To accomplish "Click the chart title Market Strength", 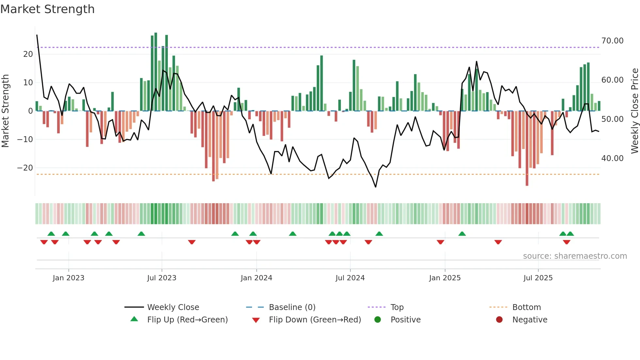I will click(47, 9).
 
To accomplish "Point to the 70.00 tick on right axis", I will click(612, 41).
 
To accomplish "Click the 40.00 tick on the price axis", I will click(612, 158).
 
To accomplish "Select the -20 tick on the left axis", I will click(25, 168).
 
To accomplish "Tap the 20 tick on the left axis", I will click(28, 54).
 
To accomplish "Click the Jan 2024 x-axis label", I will click(256, 278).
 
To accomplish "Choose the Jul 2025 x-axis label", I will click(538, 278).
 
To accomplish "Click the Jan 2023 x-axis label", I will click(69, 278).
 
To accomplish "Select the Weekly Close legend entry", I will click(173, 307).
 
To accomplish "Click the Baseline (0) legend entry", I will click(292, 307).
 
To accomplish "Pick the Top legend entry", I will click(397, 307).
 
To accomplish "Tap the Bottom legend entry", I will click(526, 307).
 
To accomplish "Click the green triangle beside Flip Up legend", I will click(134, 319).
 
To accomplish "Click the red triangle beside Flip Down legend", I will click(256, 320).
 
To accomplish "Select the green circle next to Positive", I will click(378, 319).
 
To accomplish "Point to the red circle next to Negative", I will click(499, 319).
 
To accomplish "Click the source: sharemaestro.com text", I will click(575, 256).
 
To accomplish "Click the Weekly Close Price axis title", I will click(634, 111).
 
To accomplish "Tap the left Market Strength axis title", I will click(5, 111).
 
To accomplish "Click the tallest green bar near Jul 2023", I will click(156, 72).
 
